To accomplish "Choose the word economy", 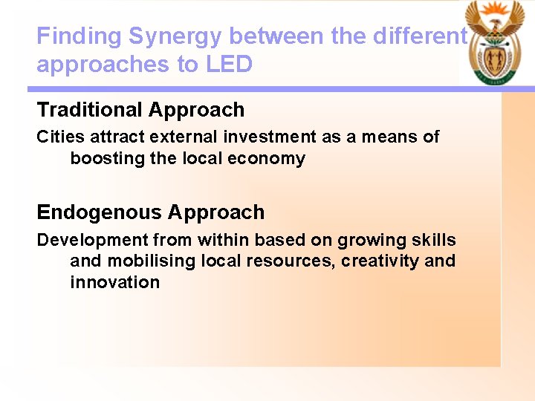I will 269,158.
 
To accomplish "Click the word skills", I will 434,240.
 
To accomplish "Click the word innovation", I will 114,282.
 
